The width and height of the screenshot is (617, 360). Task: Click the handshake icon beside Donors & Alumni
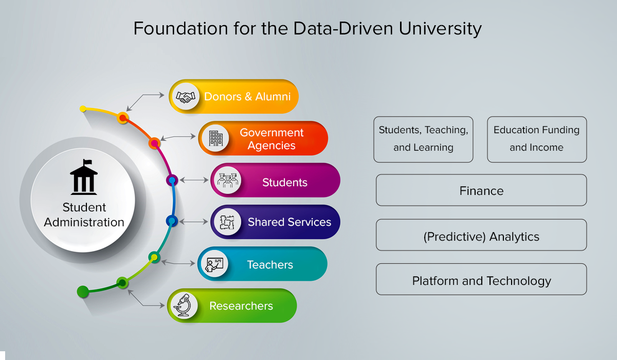click(x=186, y=97)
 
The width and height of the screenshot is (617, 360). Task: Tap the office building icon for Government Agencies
click(x=215, y=138)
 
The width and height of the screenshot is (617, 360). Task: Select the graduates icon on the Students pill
click(x=227, y=181)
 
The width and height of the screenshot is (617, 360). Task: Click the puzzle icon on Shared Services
click(x=227, y=222)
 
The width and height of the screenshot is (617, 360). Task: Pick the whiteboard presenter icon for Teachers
click(x=214, y=264)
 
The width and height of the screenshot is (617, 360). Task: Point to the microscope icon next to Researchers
click(x=184, y=305)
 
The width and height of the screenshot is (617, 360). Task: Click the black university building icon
click(x=84, y=177)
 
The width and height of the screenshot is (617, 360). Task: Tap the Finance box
click(x=481, y=190)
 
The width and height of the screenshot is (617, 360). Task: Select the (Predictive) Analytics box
click(x=481, y=235)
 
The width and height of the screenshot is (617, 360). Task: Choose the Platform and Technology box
click(x=481, y=279)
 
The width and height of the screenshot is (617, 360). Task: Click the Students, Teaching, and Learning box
click(x=423, y=139)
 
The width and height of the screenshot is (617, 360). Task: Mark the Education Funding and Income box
click(x=537, y=139)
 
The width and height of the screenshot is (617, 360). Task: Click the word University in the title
click(x=440, y=29)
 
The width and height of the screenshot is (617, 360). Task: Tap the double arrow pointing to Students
click(x=194, y=180)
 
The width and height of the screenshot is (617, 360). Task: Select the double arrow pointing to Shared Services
click(x=194, y=222)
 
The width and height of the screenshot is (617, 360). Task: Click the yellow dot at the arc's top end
click(x=83, y=109)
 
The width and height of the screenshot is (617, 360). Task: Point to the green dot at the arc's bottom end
click(x=83, y=292)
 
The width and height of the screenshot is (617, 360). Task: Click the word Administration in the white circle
click(x=84, y=222)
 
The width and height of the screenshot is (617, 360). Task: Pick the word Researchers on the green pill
click(x=241, y=305)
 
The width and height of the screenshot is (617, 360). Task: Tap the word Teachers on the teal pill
click(x=270, y=265)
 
